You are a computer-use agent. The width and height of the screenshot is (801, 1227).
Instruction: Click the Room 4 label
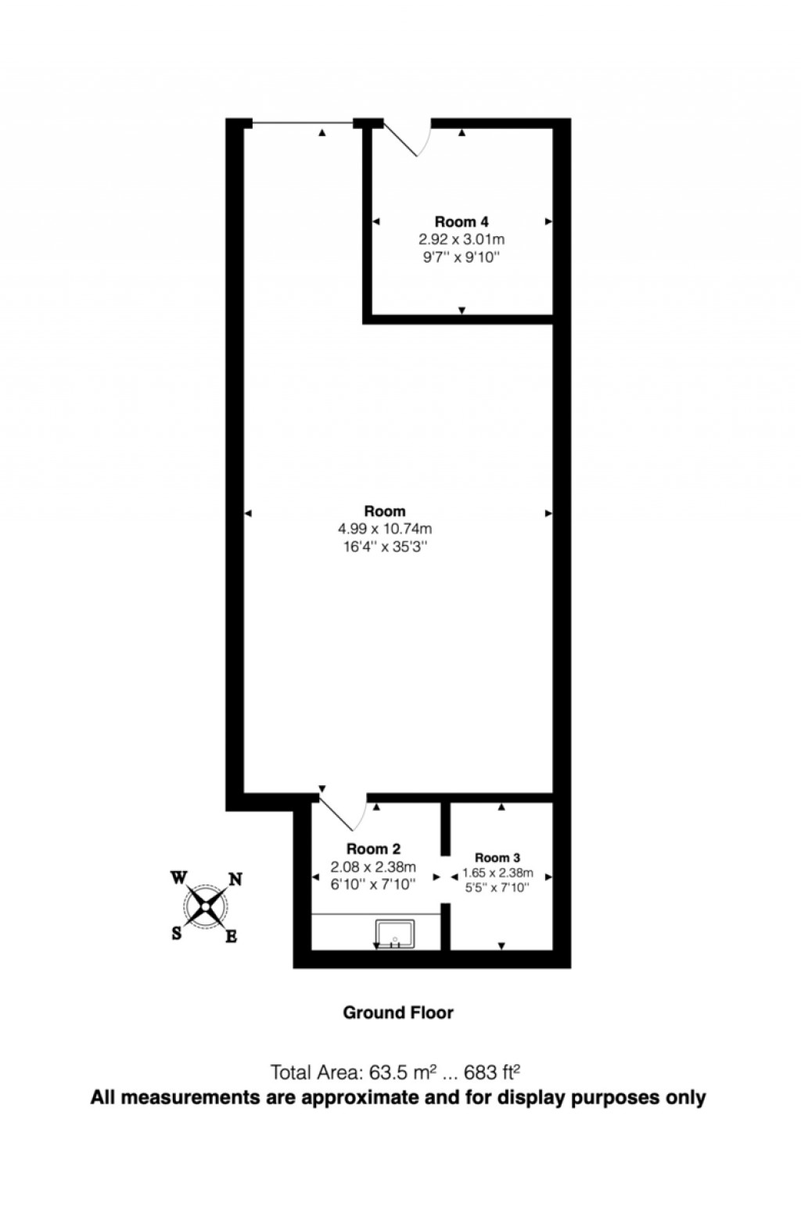(462, 222)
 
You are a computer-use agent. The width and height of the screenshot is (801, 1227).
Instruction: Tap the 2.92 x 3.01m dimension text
(462, 239)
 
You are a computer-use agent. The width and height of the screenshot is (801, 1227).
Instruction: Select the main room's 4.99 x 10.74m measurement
(385, 529)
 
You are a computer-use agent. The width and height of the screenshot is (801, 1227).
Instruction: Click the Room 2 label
(373, 849)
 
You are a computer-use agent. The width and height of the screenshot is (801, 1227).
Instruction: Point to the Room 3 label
(497, 858)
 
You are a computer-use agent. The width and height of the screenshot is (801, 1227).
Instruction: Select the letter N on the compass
(234, 879)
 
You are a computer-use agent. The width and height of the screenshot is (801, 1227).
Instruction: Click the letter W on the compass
(178, 877)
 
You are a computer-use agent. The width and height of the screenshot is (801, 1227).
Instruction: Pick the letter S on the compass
(177, 933)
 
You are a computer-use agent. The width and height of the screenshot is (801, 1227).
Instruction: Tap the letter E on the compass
(232, 936)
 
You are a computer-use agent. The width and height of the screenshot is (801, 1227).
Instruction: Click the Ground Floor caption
(398, 1013)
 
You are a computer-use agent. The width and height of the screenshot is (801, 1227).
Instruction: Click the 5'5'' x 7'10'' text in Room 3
(497, 888)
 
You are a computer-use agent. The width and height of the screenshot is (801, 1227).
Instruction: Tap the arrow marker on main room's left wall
(248, 513)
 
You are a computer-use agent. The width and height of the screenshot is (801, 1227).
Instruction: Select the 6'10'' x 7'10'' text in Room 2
(373, 884)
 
